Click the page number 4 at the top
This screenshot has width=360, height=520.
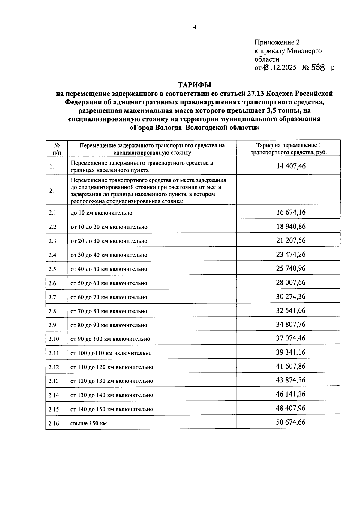pos(194,27)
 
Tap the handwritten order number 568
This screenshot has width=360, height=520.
pos(318,68)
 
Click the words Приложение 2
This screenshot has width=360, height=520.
pos(277,42)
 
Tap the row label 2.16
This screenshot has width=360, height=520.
pos(54,423)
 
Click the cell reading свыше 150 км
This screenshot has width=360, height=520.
pos(89,423)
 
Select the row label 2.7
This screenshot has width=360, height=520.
pos(52,297)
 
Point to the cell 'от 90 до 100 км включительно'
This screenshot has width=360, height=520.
pos(110,339)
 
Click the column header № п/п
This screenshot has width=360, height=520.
pos(57,148)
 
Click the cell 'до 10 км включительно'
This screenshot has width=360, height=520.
pos(101,213)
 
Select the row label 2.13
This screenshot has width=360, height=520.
pos(54,381)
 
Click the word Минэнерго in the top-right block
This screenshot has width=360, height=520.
pos(304,51)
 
